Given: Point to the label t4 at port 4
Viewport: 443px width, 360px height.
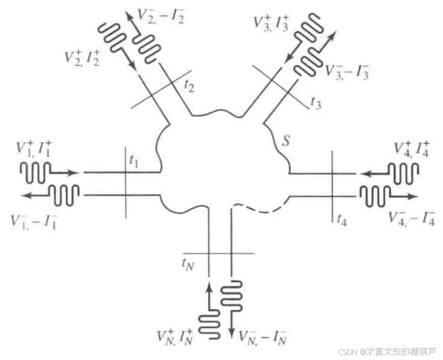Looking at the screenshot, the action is (x=341, y=219).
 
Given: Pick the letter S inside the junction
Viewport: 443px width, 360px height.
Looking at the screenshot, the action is (x=285, y=142).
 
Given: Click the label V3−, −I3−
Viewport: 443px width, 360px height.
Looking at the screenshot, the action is (x=346, y=70).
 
